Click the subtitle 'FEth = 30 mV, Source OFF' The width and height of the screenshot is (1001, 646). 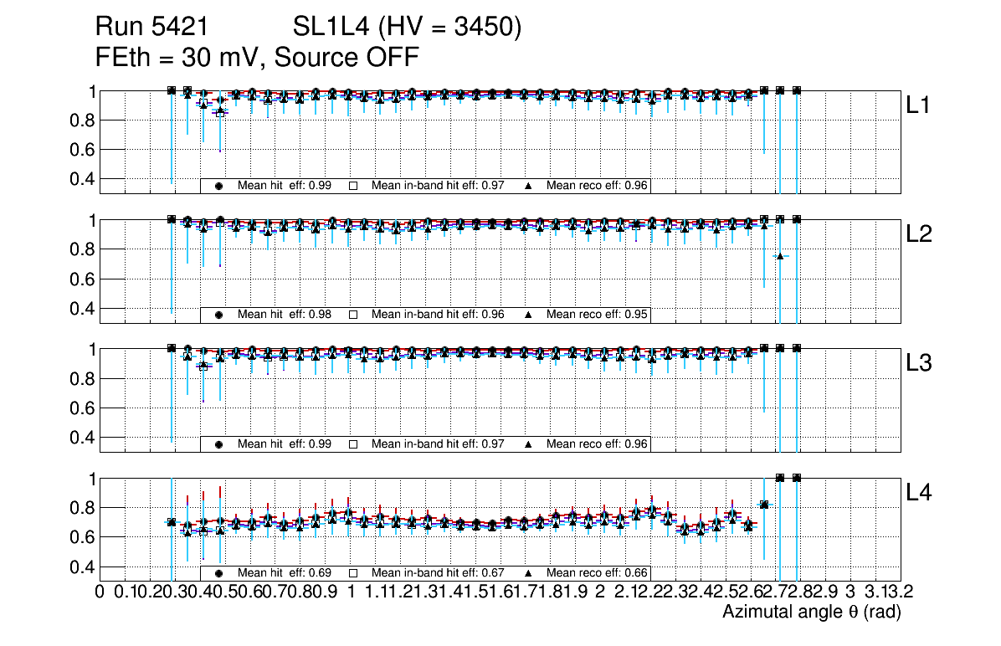click(x=257, y=58)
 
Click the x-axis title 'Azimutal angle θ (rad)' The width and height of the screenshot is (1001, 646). click(x=811, y=613)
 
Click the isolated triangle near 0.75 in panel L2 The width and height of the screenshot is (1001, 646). click(x=780, y=256)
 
